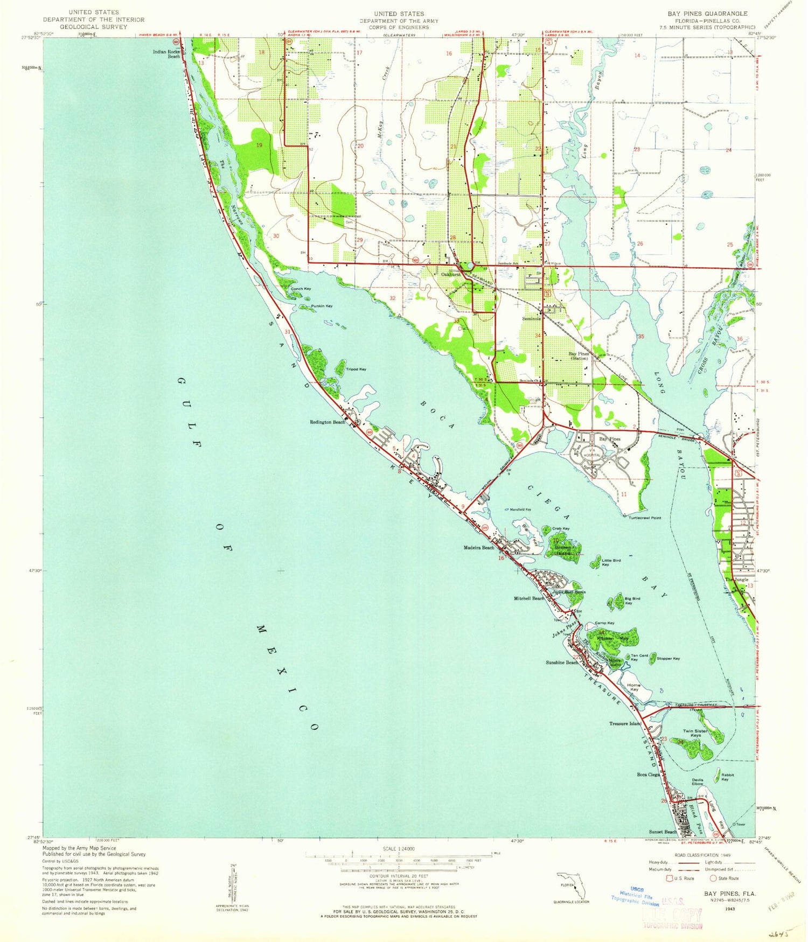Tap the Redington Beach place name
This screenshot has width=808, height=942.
pos(328,422)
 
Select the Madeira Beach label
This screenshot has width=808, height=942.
pos(479,548)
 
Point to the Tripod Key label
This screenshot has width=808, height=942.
pos(356,369)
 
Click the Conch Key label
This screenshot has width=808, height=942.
pos(301,289)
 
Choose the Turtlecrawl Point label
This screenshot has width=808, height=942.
pos(644,518)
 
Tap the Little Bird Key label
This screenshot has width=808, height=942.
pos(611,563)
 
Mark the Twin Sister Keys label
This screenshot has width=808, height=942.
pos(695,733)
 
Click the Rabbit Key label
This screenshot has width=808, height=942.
pos(728,777)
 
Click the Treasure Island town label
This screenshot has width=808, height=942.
pos(625,723)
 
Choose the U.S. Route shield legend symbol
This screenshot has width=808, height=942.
pos(671,878)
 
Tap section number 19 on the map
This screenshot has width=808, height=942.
pos(259,145)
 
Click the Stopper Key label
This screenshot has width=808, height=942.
pos(668,659)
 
